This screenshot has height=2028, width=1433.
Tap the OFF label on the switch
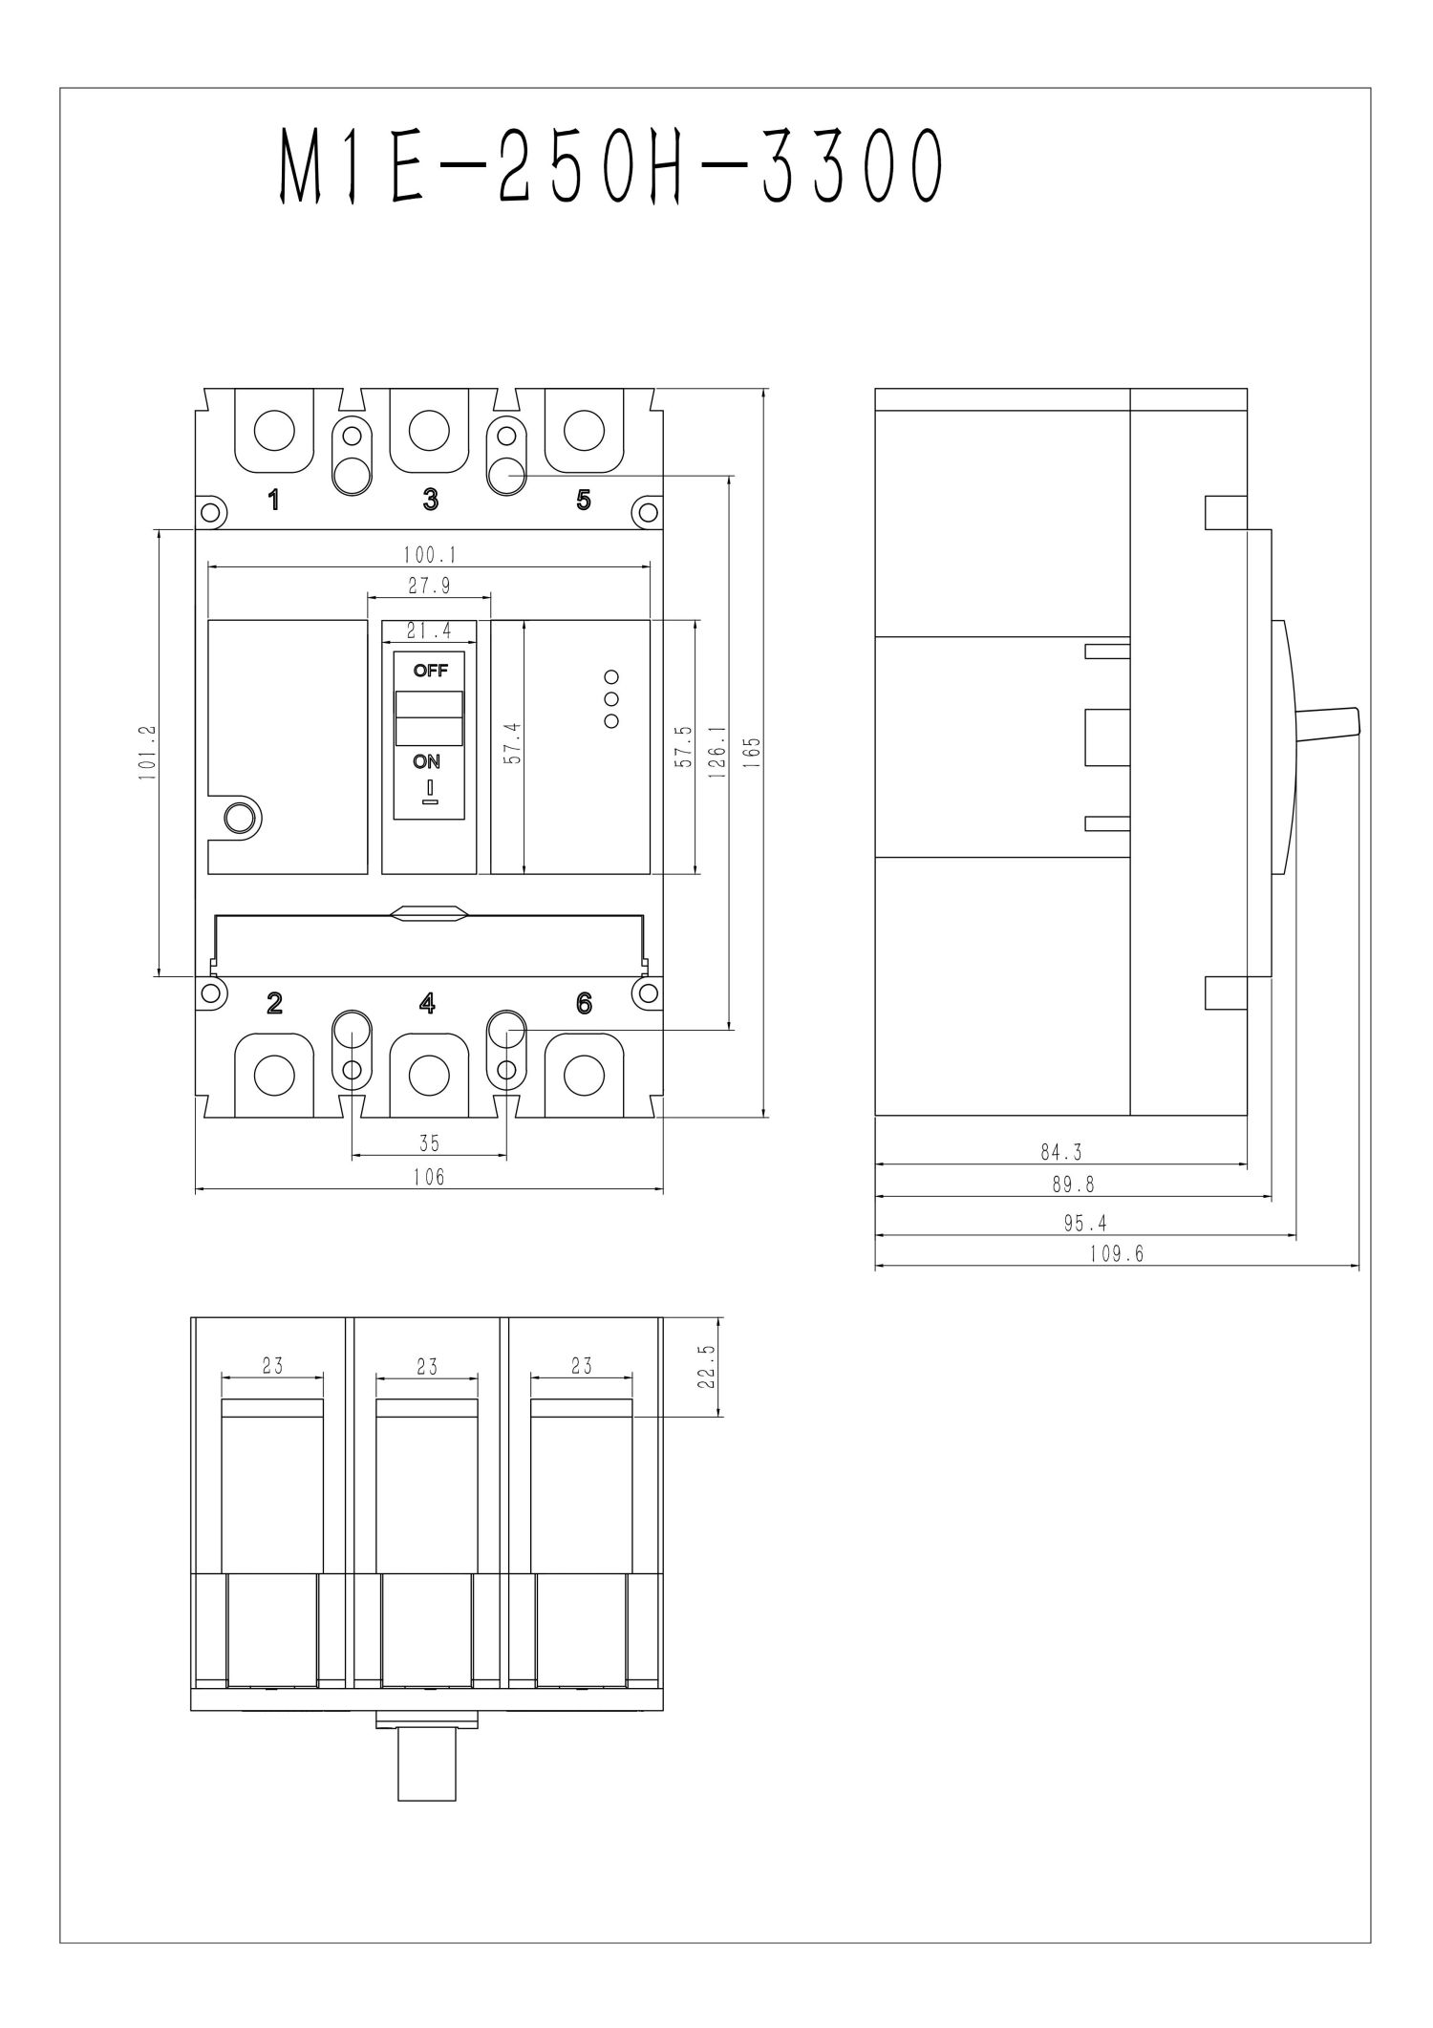[430, 671]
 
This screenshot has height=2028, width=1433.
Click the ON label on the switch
[427, 761]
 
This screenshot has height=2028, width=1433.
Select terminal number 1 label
[274, 500]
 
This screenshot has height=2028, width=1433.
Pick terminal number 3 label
[431, 500]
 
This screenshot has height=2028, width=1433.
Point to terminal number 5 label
[584, 500]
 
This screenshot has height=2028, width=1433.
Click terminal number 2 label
[274, 1003]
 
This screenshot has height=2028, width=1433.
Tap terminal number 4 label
[428, 1003]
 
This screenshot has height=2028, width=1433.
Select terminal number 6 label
[584, 1003]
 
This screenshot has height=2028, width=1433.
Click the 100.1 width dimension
[430, 555]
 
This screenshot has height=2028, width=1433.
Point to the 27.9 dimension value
[429, 587]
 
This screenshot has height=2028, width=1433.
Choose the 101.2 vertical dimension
[146, 754]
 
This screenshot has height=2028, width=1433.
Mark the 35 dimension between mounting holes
[429, 1143]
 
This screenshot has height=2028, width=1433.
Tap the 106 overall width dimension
[429, 1178]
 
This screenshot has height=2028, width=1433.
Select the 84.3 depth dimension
[1061, 1153]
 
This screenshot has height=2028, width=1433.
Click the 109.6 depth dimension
[1116, 1255]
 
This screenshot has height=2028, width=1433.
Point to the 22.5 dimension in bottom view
[708, 1367]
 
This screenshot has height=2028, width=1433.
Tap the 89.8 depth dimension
[1073, 1185]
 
